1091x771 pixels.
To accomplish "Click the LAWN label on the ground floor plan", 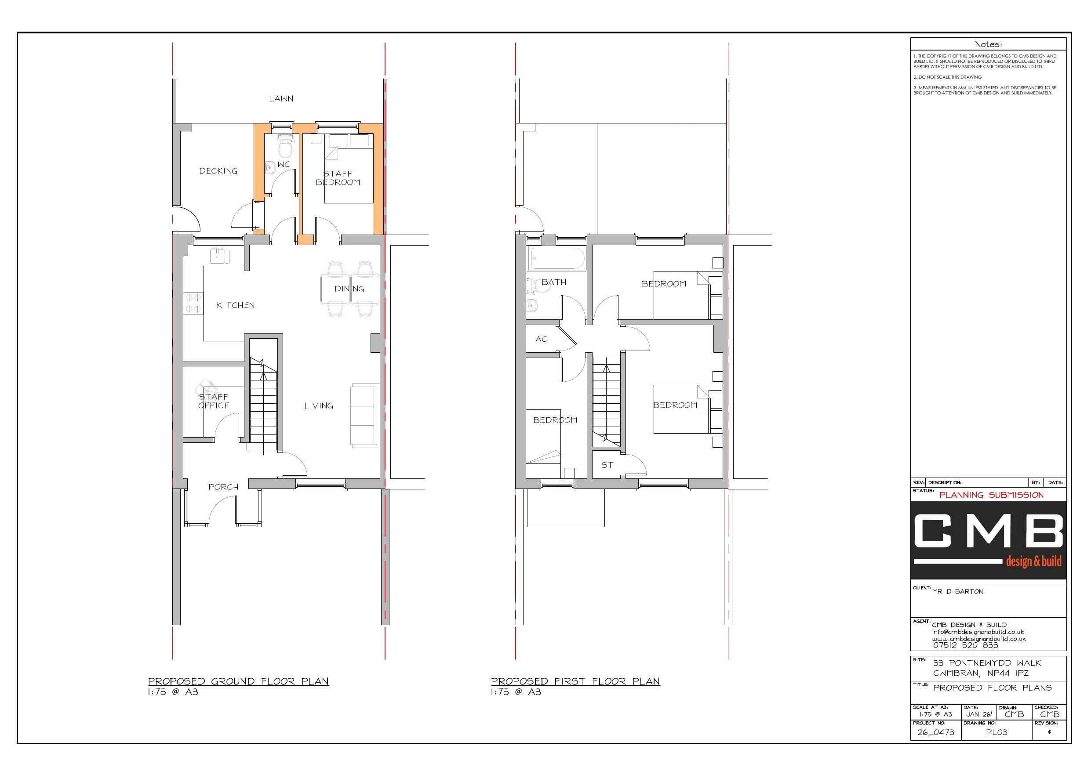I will [x=281, y=99].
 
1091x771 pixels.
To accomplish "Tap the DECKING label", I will [x=218, y=171].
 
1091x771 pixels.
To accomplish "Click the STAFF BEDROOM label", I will [x=338, y=178].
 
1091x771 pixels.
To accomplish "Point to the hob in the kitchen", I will [x=193, y=304].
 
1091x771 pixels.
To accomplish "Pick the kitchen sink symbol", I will [x=219, y=255].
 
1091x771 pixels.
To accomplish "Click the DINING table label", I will [x=349, y=289].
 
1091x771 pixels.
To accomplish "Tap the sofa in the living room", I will [x=364, y=416].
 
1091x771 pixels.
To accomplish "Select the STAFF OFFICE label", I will [x=213, y=401].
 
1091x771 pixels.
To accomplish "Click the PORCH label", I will [x=223, y=487].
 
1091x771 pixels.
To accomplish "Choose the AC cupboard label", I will [x=541, y=339].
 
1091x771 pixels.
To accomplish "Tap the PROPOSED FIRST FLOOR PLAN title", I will [x=575, y=681].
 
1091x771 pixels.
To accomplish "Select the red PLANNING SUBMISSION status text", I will [x=991, y=495].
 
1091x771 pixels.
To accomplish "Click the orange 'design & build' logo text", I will [x=1033, y=561].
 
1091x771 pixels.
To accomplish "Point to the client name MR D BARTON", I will [x=957, y=591].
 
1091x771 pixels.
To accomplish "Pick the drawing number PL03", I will [x=996, y=732].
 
